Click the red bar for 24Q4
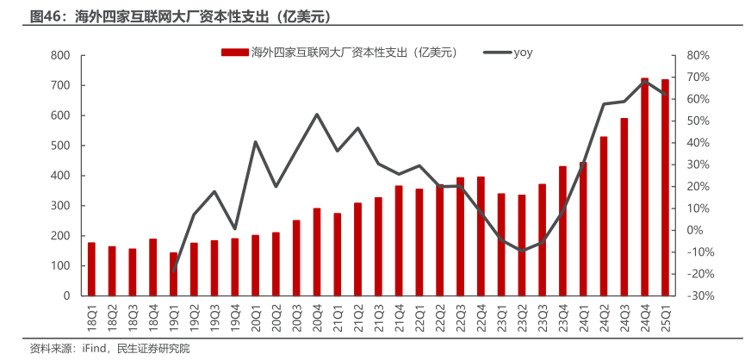point(644,187)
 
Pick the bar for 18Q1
point(91,269)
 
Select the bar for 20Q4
point(317,251)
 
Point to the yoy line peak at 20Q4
point(317,115)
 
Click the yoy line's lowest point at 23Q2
point(521,251)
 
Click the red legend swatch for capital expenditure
point(235,53)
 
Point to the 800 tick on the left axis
point(60,55)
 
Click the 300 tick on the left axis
point(60,206)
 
